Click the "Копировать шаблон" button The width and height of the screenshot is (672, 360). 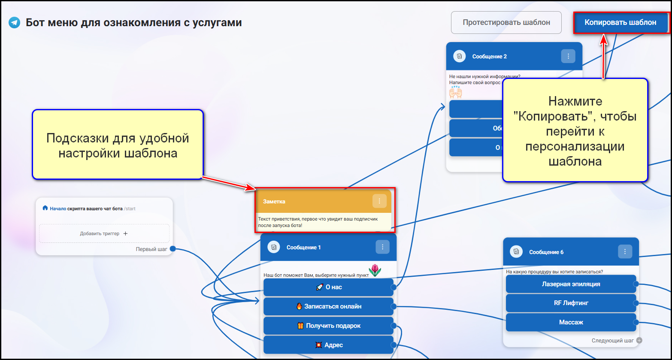[x=620, y=22]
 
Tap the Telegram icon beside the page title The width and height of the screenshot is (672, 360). [x=15, y=22]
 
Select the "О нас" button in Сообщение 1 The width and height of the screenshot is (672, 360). [x=328, y=287]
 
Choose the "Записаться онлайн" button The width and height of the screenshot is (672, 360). [x=328, y=306]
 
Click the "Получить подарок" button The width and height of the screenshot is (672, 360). [x=328, y=326]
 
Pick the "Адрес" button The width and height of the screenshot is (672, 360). [x=328, y=345]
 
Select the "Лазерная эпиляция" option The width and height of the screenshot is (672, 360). [x=571, y=284]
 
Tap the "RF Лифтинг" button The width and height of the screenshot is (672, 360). [x=571, y=303]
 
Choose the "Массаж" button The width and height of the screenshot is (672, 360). [x=571, y=322]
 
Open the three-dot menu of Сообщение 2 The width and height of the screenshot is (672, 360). [x=568, y=56]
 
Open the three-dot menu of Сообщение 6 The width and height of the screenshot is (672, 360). [x=625, y=252]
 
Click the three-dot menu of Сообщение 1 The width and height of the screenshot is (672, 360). [x=382, y=247]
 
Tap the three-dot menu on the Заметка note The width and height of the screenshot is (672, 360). [x=379, y=201]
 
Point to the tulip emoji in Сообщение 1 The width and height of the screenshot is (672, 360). [x=375, y=270]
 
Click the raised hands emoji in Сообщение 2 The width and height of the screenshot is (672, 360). [x=455, y=92]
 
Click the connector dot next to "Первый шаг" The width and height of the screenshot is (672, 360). [x=173, y=249]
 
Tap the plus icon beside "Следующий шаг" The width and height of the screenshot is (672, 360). [x=639, y=341]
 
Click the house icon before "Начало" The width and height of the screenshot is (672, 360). [x=45, y=208]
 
